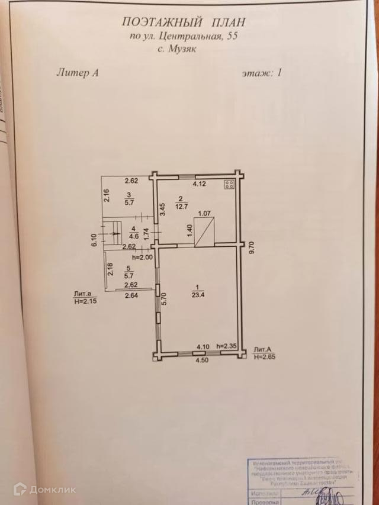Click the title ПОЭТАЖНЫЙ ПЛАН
pos(182,22)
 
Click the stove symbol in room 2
pos(229,184)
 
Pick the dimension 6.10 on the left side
pos(94,240)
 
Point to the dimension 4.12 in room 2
pos(197,184)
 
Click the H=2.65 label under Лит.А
pos(264,357)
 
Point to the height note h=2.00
pos(142,258)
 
